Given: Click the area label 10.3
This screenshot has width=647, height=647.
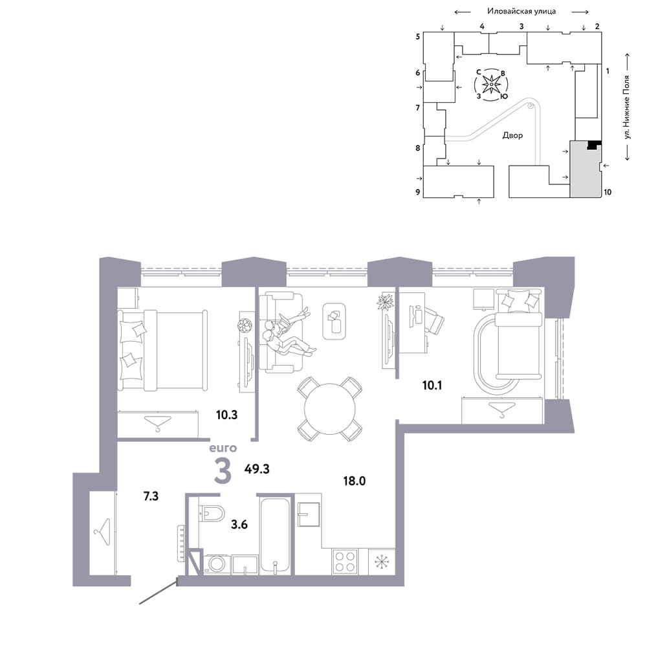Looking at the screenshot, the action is point(226,415).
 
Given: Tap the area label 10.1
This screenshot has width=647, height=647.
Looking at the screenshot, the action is point(432,386).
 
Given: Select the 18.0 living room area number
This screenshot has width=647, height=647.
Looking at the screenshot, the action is point(355,481).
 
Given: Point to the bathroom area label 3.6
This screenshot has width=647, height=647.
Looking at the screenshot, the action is point(239,525).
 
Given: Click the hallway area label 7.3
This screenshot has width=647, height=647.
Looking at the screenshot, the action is point(151,496).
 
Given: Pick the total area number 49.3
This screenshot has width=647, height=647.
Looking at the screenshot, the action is point(257,468).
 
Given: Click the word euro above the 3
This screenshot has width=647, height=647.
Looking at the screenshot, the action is point(223,448).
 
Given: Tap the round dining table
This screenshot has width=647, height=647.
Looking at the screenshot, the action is point(330,409).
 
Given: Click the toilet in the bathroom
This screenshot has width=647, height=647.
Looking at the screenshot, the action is point(212,513).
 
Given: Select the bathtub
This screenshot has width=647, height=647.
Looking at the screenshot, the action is point(275,536).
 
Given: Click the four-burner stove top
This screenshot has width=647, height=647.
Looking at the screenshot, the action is point(345,562).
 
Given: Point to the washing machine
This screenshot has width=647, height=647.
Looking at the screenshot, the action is point(216,564).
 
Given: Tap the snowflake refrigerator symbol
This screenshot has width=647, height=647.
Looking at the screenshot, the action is point(382,562).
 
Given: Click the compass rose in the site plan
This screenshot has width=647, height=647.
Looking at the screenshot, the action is point(491,85).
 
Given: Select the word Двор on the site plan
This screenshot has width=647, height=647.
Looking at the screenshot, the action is point(512,135).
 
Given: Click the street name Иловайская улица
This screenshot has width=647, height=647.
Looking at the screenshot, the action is point(521,11).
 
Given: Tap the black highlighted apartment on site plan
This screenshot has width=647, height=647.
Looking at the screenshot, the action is point(594,145).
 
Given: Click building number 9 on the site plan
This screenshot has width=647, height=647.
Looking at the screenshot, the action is point(418,192).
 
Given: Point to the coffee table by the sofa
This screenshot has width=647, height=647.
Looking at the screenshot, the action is point(334,322).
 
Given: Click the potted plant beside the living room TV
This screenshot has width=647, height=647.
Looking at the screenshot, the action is point(386,301).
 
